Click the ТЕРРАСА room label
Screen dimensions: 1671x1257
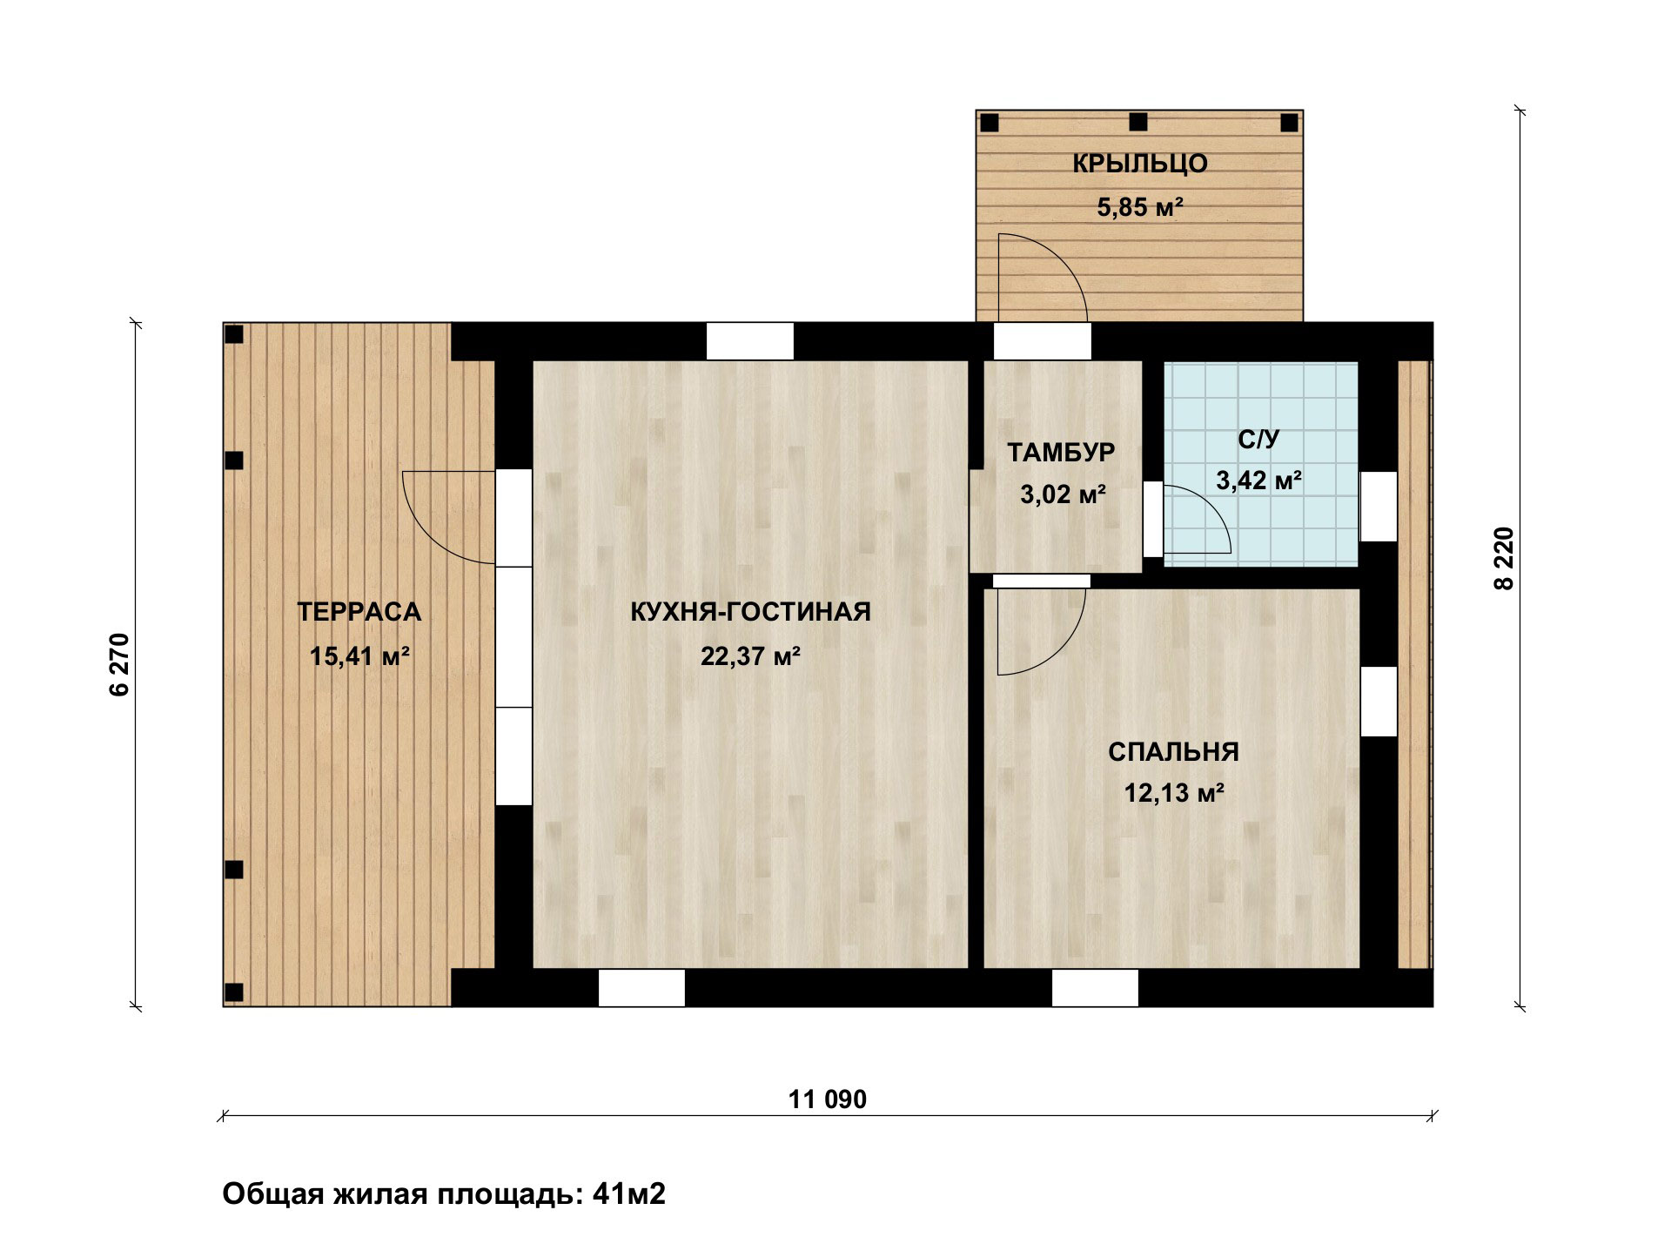click(359, 612)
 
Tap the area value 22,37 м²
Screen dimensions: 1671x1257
click(750, 655)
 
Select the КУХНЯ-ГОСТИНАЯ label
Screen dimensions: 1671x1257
click(750, 612)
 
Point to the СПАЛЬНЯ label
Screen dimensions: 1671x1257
click(1173, 751)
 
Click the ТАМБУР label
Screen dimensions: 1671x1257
click(1061, 452)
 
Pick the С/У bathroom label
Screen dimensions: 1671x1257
click(1258, 440)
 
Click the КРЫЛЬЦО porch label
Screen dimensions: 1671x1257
click(1139, 164)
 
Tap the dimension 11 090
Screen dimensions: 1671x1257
click(828, 1099)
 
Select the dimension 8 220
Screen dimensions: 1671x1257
click(1504, 559)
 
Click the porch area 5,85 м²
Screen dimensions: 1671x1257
click(1139, 207)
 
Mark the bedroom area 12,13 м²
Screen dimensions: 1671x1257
click(1174, 793)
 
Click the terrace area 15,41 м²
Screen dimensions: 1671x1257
click(359, 655)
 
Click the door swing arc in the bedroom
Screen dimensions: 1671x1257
click(1061, 650)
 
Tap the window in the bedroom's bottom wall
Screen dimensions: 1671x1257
click(1095, 987)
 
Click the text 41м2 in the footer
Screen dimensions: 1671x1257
click(628, 1193)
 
